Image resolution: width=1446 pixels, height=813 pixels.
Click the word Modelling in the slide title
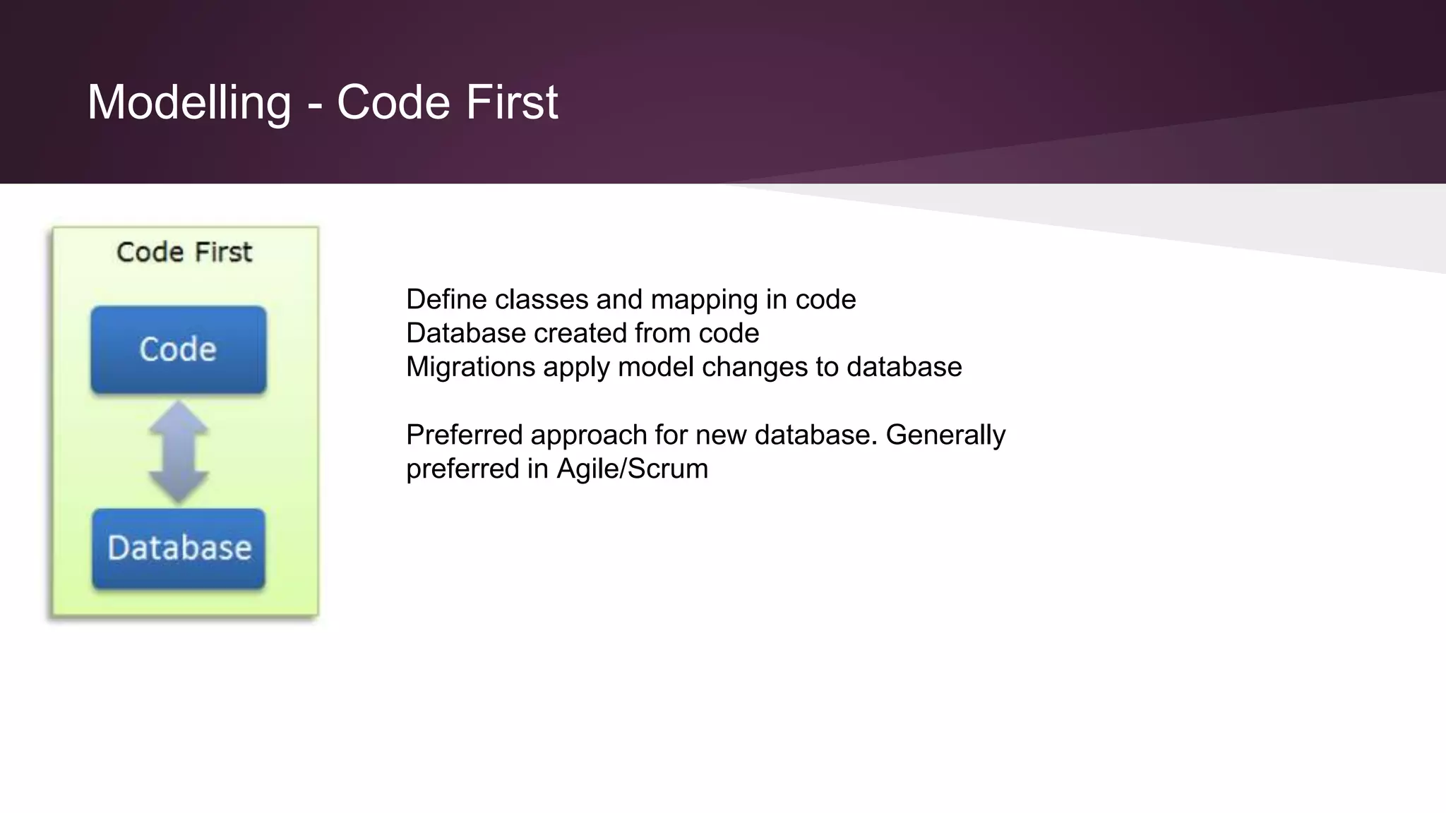pos(189,103)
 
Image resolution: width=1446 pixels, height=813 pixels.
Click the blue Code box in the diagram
pos(179,349)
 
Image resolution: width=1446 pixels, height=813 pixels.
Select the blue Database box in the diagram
pos(179,548)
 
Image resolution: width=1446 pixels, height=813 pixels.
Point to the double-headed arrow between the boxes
pos(179,452)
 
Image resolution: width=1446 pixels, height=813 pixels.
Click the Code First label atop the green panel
pos(184,252)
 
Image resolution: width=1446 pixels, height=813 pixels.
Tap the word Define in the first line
pos(446,300)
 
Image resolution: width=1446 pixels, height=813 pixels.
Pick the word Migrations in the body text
pos(470,368)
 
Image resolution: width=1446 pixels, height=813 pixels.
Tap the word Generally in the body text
pos(945,435)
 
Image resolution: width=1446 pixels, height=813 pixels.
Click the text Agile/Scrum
pos(632,469)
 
